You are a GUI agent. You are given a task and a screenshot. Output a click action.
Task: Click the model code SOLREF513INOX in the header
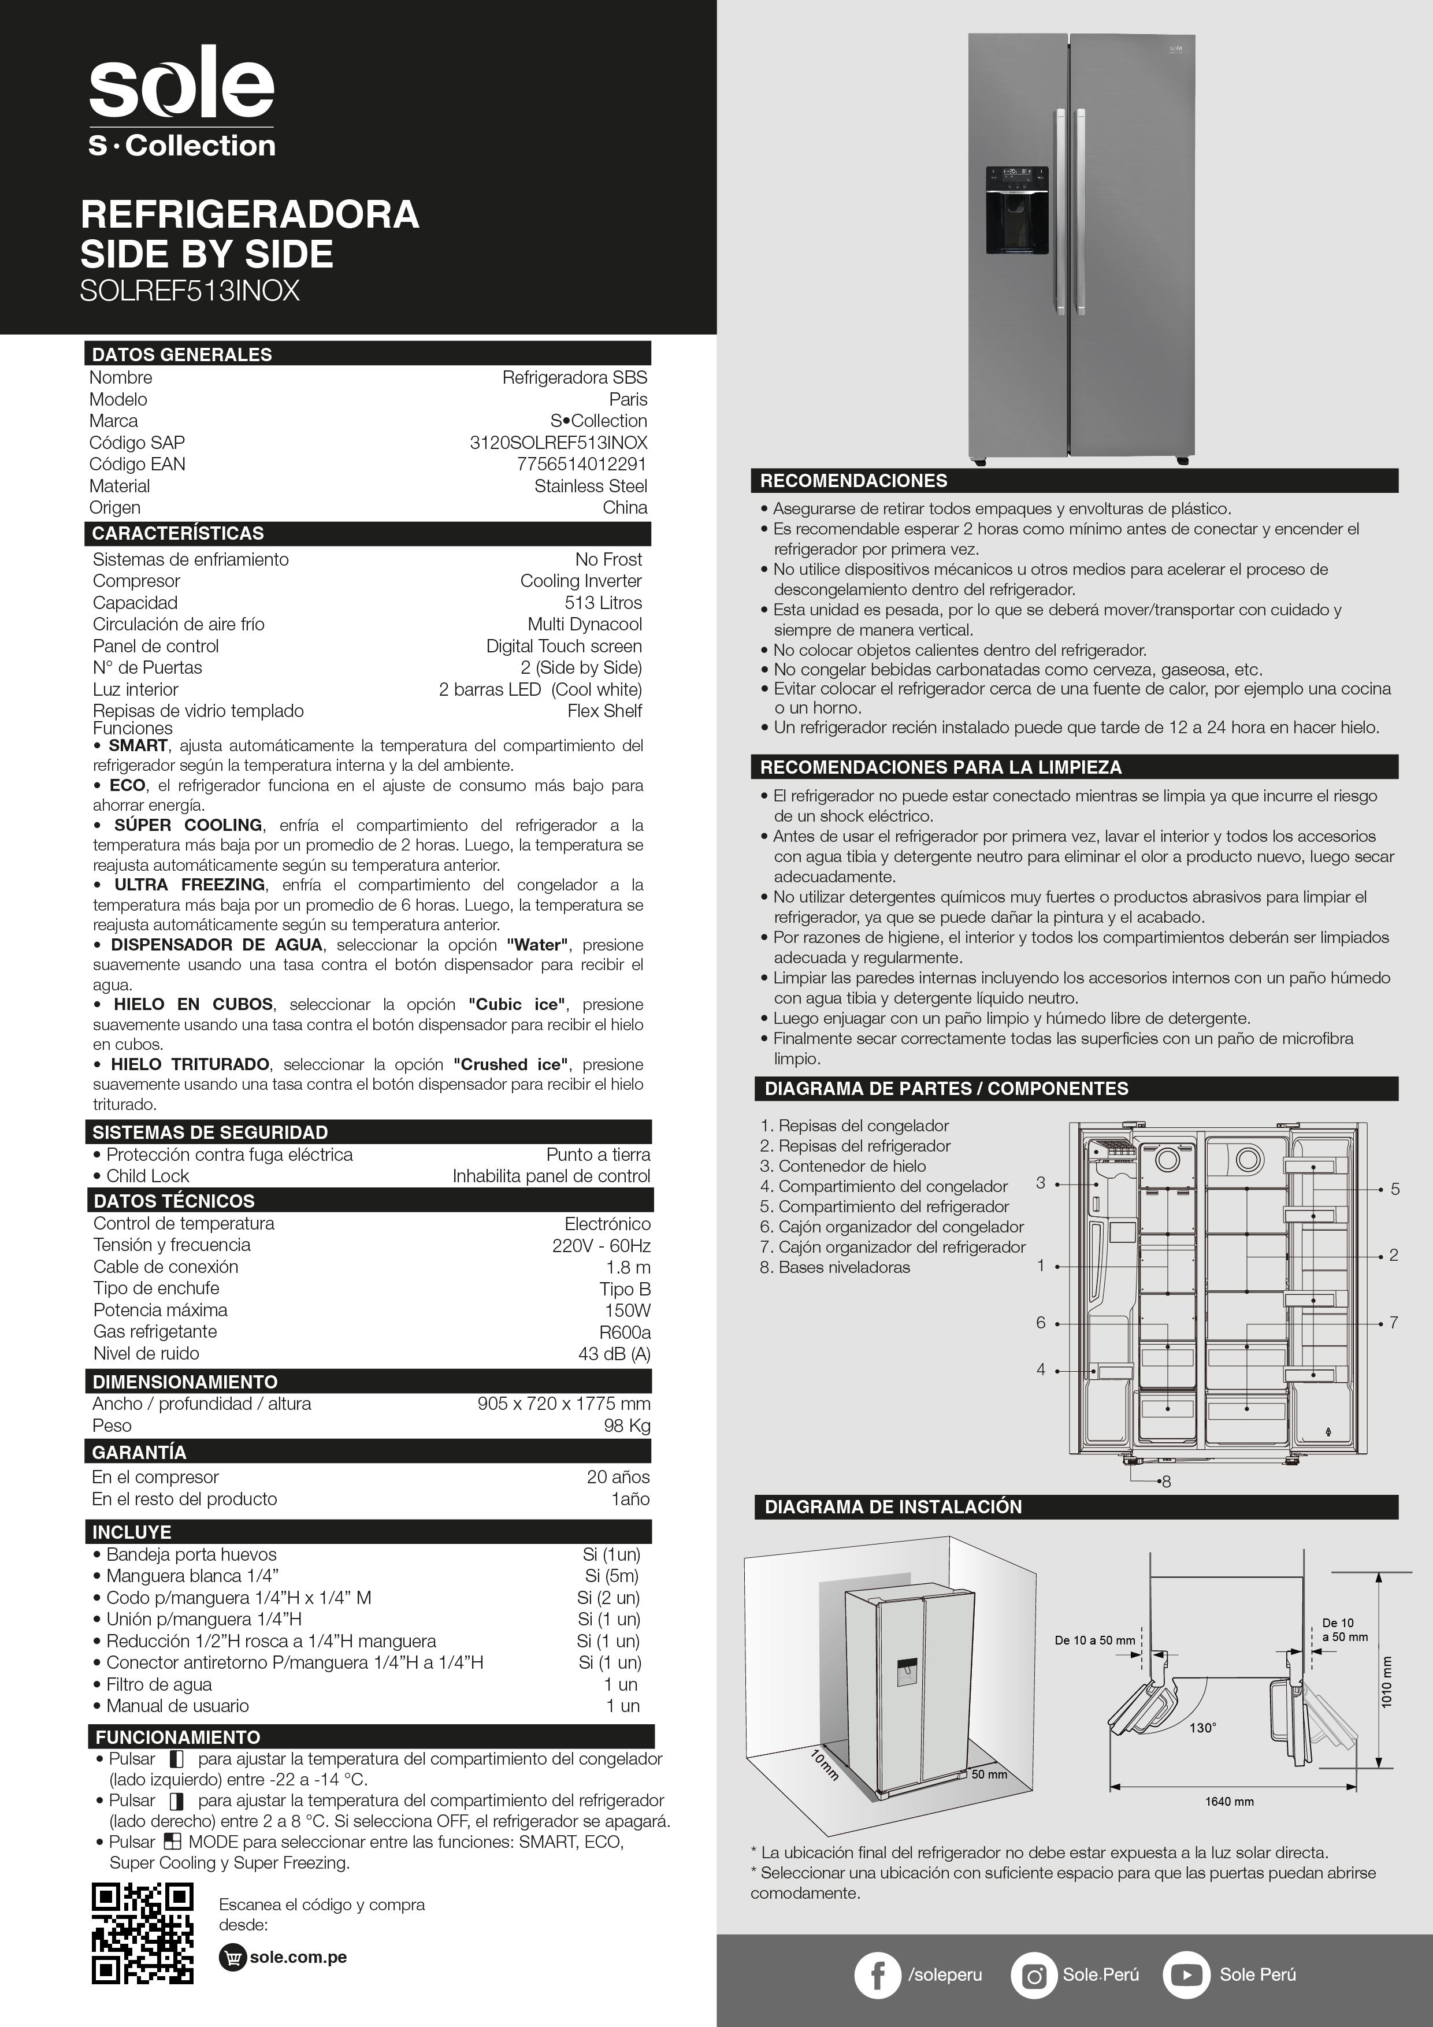pyautogui.click(x=190, y=291)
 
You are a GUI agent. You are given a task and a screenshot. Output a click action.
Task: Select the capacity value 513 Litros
pyautogui.click(x=603, y=603)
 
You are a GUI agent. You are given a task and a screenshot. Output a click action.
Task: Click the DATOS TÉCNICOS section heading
pyautogui.click(x=174, y=1201)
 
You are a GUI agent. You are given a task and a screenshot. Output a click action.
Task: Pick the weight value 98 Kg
pyautogui.click(x=627, y=1426)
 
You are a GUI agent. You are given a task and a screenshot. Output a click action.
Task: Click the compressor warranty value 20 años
pyautogui.click(x=618, y=1477)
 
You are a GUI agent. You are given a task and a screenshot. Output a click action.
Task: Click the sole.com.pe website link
pyautogui.click(x=298, y=1957)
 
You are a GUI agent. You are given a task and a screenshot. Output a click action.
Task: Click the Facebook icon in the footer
pyautogui.click(x=878, y=1975)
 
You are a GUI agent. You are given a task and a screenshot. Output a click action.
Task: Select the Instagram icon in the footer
pyautogui.click(x=1033, y=1975)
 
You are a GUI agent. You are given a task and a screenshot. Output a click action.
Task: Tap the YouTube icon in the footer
pyautogui.click(x=1186, y=1975)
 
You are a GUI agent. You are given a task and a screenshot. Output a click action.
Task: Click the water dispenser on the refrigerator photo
pyautogui.click(x=1017, y=210)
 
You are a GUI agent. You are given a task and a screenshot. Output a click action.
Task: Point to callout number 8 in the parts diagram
pyautogui.click(x=1167, y=1482)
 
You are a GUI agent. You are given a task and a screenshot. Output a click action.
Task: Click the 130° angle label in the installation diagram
pyautogui.click(x=1202, y=1727)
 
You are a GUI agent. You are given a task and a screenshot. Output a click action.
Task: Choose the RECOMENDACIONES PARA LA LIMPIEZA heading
pyautogui.click(x=940, y=767)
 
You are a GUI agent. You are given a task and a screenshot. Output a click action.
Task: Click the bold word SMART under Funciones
pyautogui.click(x=138, y=745)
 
